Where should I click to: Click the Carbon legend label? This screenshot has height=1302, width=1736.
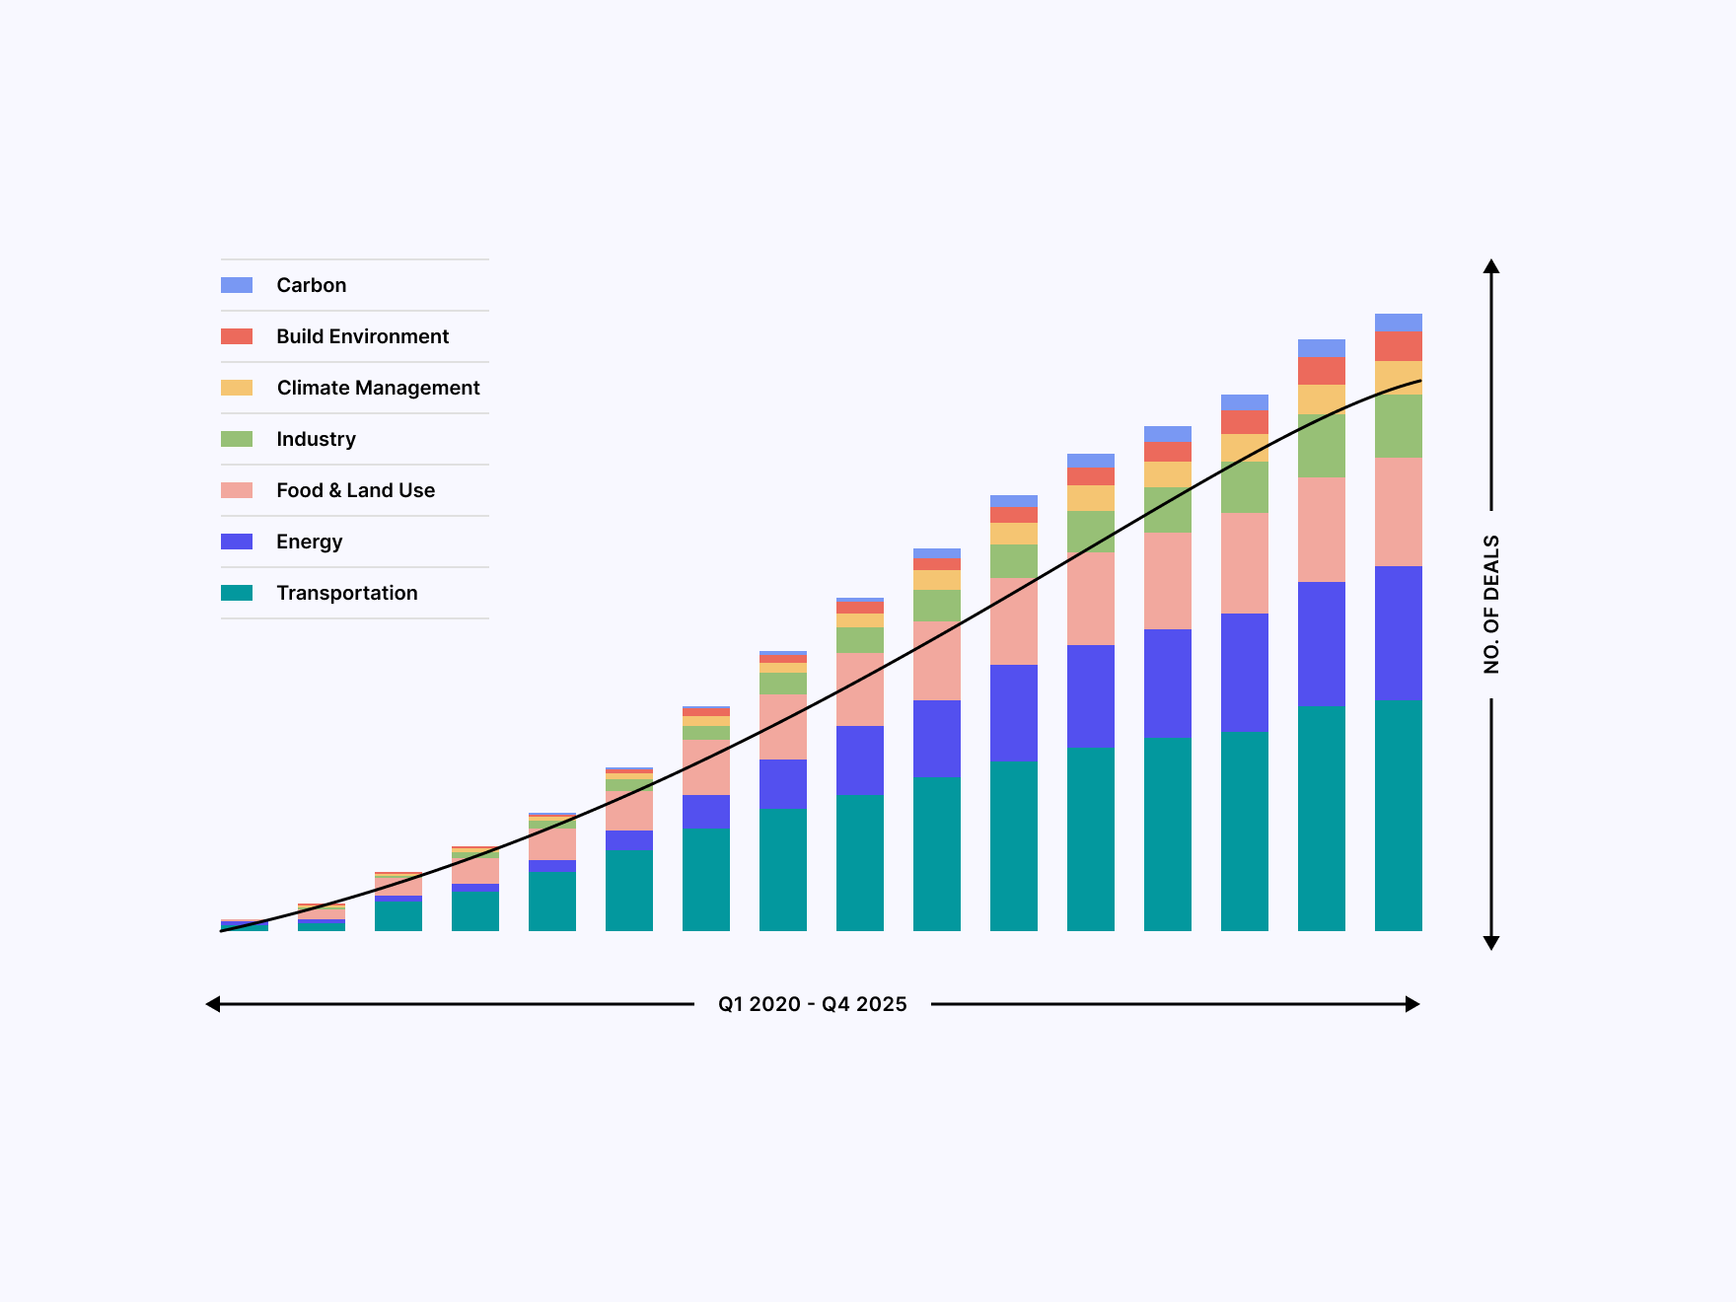pos(311,285)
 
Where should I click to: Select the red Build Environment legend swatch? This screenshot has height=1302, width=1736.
pos(237,336)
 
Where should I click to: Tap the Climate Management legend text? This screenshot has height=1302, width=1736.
pos(378,388)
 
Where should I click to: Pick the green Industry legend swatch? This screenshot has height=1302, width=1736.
pos(237,439)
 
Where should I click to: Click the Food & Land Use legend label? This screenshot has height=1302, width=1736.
pos(355,490)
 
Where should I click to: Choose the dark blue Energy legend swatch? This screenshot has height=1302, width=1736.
pos(237,542)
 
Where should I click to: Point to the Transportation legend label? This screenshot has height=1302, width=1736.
pos(346,593)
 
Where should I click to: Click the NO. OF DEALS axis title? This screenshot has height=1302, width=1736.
pos(1491,604)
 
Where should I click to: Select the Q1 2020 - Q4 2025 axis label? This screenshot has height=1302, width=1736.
pos(812,1004)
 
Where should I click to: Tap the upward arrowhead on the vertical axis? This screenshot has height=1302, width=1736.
pos(1491,266)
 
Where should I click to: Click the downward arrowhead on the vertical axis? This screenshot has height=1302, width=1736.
pos(1491,943)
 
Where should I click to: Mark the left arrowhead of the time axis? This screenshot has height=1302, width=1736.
pos(213,1004)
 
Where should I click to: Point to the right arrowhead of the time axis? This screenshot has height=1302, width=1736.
pos(1412,1004)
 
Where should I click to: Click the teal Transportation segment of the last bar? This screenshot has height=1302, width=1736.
pos(1398,815)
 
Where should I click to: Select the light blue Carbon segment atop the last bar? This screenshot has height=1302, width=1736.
pos(1398,323)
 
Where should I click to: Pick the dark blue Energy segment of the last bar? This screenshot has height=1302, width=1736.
pos(1398,632)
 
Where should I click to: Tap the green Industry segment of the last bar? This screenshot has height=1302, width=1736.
pos(1398,426)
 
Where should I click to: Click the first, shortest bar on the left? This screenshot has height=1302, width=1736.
pos(245,926)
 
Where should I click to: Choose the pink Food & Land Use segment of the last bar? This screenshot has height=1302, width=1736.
pos(1398,511)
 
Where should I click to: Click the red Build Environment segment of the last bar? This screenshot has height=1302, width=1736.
pos(1398,346)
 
